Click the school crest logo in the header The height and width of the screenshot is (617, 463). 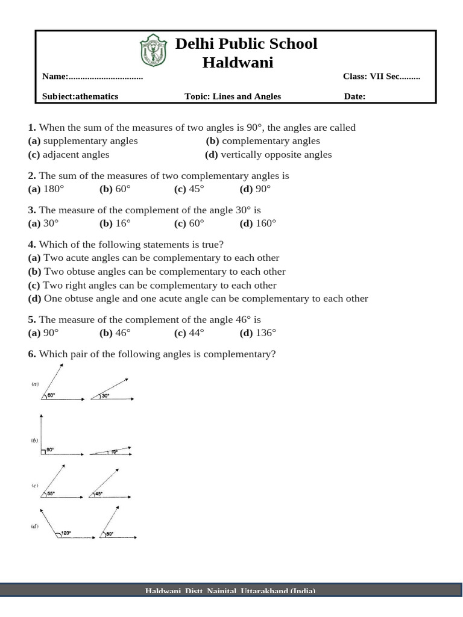[x=151, y=51]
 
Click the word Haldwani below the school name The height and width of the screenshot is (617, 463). [x=238, y=62]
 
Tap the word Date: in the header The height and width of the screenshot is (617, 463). [x=354, y=96]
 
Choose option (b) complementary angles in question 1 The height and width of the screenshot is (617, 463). [x=263, y=141]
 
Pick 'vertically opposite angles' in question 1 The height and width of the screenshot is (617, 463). [x=276, y=154]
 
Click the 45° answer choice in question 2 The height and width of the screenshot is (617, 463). [x=194, y=189]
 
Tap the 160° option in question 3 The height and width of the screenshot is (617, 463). [x=265, y=223]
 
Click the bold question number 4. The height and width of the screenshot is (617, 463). [x=32, y=244]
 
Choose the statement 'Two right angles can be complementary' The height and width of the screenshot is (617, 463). [x=160, y=285]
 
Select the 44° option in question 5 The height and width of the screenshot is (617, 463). [x=194, y=333]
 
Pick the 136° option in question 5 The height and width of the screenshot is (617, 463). [x=265, y=333]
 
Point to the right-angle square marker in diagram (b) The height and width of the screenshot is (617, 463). [x=43, y=450]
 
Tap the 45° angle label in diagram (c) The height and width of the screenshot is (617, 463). [x=98, y=493]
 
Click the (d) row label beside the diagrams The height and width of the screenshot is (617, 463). [x=35, y=526]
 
